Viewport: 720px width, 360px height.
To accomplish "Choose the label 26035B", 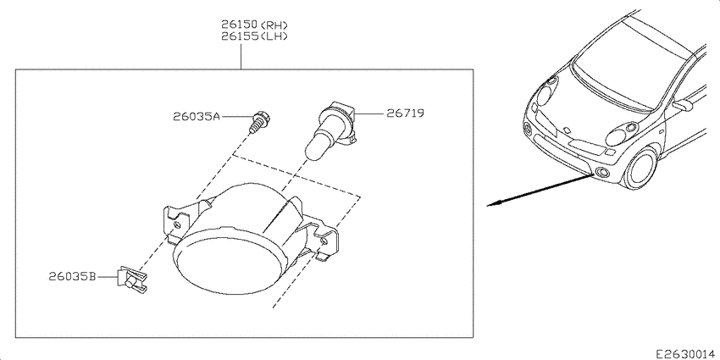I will coord(72,276).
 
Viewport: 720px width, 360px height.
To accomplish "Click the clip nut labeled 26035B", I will coord(133,280).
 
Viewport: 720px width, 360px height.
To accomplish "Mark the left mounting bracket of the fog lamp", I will coord(176,221).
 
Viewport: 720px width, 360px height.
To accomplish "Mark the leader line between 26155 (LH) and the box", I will coord(241,56).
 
